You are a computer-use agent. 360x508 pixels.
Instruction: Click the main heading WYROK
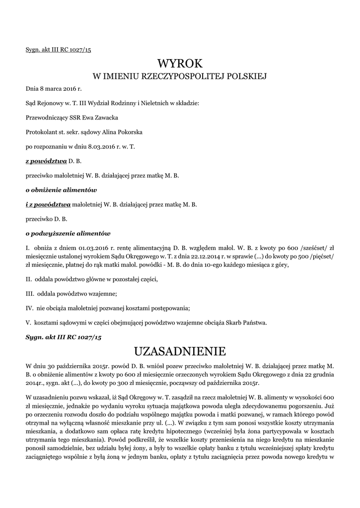point(180,63)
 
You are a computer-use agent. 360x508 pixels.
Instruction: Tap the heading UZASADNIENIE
point(180,352)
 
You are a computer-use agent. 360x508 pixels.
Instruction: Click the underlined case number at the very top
point(59,50)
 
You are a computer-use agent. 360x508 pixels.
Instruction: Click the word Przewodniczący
point(45,118)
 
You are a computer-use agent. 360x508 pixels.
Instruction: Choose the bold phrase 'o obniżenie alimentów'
point(61,190)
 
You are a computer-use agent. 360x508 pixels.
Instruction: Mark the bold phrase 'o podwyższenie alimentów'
point(68,233)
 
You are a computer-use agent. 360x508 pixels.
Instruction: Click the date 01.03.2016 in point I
point(92,248)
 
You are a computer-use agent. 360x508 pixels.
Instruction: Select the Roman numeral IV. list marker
point(29,308)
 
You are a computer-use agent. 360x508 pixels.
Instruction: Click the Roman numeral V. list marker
point(28,322)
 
